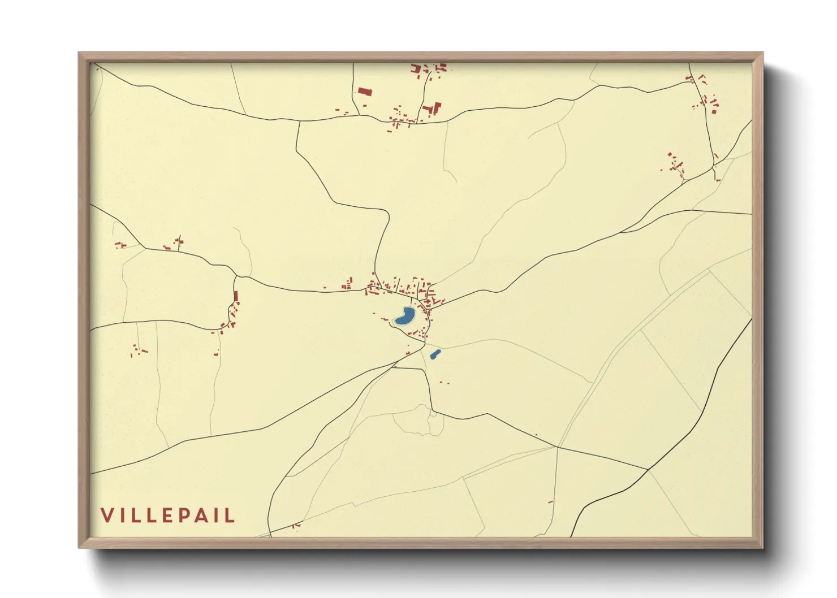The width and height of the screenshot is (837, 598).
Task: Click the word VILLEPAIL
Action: (167, 515)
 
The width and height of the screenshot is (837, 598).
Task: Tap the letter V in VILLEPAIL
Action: (107, 515)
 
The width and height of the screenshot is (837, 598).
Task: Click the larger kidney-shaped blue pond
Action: (405, 317)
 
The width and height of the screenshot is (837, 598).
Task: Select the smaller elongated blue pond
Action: (435, 354)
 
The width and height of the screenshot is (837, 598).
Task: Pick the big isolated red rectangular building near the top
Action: (365, 91)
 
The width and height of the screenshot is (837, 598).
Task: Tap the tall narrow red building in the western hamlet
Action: (236, 296)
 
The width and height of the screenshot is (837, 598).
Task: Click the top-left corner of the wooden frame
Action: (79, 53)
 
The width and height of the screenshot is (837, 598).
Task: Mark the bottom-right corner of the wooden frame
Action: (762, 547)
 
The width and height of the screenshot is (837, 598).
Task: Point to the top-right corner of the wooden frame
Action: (762, 53)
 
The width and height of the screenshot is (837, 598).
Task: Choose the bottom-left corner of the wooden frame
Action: (79, 547)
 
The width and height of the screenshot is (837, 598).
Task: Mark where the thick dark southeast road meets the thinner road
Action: (648, 469)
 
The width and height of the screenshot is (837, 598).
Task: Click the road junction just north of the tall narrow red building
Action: (235, 276)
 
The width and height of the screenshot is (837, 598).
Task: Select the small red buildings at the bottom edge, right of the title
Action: (295, 526)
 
